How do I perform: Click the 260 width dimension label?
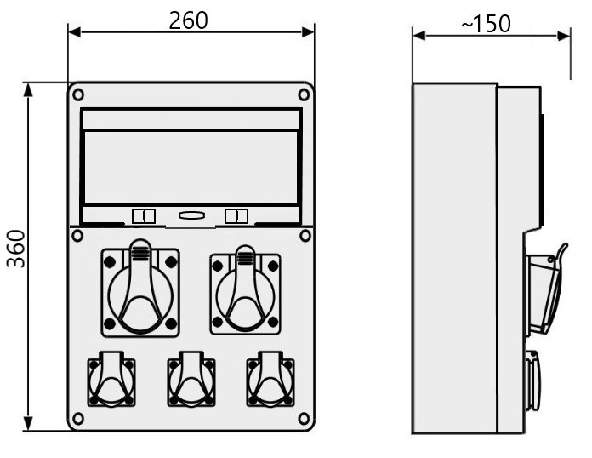(188, 20)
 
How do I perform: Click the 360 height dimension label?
(16, 249)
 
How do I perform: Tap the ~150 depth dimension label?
(487, 24)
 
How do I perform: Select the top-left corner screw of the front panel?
(78, 94)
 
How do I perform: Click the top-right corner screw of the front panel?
(304, 94)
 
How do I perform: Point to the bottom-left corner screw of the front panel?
(78, 418)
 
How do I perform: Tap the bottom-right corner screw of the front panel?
(304, 418)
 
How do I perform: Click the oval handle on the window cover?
(191, 215)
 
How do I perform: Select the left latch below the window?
(144, 216)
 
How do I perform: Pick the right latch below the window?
(236, 216)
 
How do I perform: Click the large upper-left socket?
(140, 288)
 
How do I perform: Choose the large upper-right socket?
(245, 291)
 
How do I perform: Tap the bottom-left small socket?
(111, 380)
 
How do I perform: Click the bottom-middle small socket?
(191, 380)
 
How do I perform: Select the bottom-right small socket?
(270, 380)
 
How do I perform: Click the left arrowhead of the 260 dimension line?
(74, 32)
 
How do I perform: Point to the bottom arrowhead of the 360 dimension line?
(28, 424)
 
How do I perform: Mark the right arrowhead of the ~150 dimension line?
(564, 37)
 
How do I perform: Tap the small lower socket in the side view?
(532, 381)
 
